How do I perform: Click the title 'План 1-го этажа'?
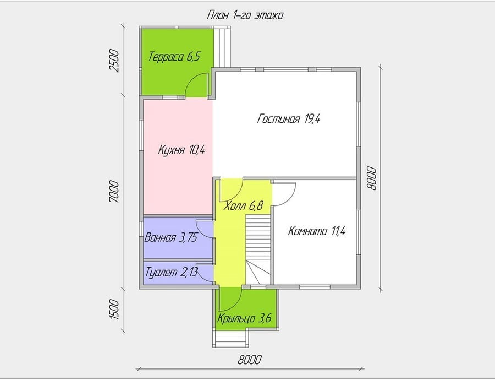click(x=245, y=15)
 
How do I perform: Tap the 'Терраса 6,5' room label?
click(x=174, y=57)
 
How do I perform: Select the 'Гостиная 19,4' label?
click(x=289, y=119)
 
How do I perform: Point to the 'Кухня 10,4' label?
click(x=182, y=150)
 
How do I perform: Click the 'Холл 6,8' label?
click(x=243, y=206)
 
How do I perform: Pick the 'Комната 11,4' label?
click(x=317, y=231)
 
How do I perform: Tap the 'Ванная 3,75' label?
click(x=171, y=237)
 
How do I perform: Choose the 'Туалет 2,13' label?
click(x=172, y=272)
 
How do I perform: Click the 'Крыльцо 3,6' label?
click(x=244, y=318)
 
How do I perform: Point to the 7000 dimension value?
click(x=114, y=192)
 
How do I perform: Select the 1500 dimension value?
click(x=114, y=310)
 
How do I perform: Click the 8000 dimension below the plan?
click(x=250, y=360)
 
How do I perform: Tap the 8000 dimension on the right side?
click(x=372, y=178)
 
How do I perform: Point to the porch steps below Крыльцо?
click(x=230, y=339)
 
